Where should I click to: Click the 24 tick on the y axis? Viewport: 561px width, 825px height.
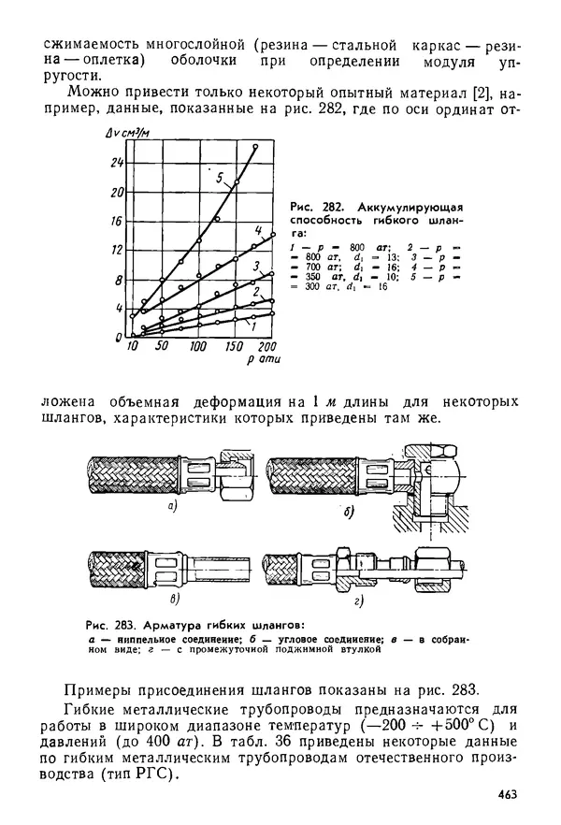click(117, 162)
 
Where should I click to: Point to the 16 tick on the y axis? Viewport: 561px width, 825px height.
click(117, 221)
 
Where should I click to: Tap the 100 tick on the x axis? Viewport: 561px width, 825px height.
click(197, 347)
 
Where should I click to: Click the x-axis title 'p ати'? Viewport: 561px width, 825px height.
click(261, 360)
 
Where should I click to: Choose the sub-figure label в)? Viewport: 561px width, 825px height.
click(173, 597)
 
